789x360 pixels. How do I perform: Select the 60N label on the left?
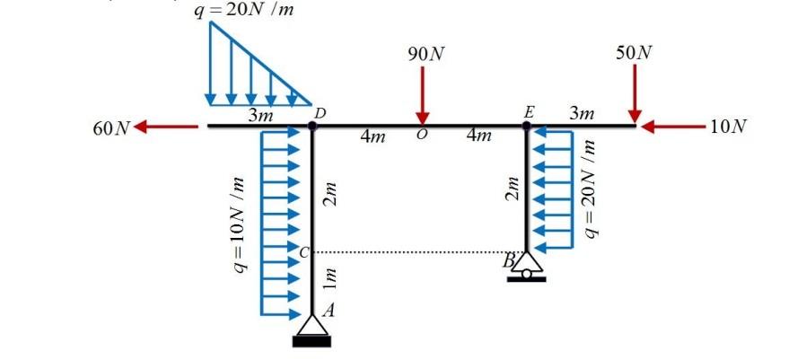point(111,127)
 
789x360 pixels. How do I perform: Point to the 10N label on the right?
point(727,127)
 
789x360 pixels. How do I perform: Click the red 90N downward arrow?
point(422,94)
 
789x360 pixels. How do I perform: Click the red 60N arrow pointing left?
point(166,127)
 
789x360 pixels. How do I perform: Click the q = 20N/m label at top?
point(244,11)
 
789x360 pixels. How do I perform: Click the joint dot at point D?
point(312,127)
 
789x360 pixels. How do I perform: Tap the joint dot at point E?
point(527,127)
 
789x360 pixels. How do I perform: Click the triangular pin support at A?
point(312,330)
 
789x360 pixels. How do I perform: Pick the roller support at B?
point(526,267)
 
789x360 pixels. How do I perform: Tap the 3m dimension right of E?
point(582,113)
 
